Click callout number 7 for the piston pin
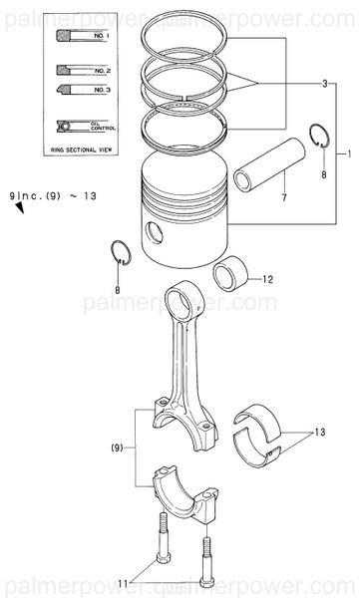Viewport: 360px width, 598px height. coord(283,199)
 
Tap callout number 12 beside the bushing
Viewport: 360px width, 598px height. coord(268,280)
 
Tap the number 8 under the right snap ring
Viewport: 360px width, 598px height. coord(322,174)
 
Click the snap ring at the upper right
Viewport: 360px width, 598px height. coord(319,138)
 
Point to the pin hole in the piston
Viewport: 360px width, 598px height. coord(152,233)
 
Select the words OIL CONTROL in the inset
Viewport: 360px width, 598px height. coord(103,127)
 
